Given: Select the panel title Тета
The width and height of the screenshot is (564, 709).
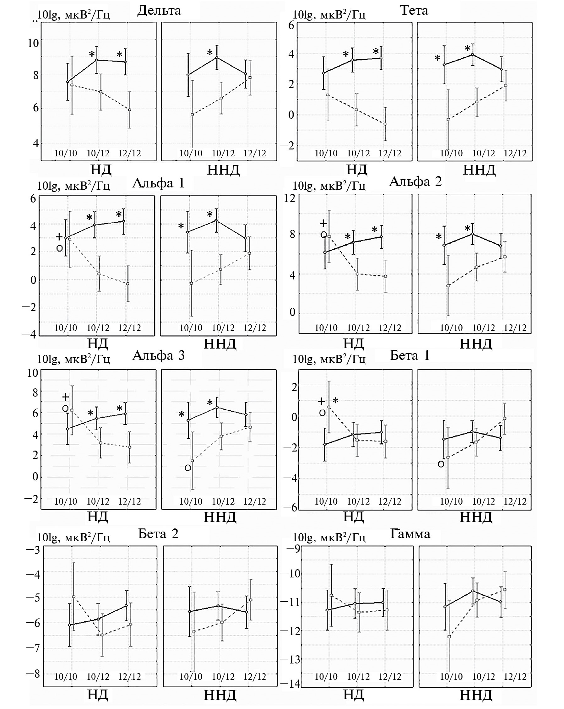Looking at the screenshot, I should pos(414,11).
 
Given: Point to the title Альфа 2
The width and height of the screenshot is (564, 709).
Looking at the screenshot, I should pos(415,181).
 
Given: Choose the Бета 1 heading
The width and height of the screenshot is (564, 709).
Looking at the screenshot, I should pos(410,355).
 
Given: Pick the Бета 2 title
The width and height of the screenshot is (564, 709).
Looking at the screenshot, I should pos(158,533).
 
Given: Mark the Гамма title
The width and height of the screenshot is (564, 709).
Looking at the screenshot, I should pos(410,533).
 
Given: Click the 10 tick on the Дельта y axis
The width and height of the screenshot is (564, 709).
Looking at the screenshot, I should pos(33,43).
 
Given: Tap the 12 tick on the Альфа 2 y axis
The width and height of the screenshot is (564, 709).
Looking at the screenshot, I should pos(290,198).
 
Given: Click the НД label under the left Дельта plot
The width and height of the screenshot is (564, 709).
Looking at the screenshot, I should pos(100,170).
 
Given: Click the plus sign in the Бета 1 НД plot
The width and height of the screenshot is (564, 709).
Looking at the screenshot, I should pos(321,401).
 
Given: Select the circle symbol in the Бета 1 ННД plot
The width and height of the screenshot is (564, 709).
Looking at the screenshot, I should pos(441,464).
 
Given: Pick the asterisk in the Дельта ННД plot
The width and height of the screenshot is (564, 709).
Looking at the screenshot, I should pos(209,53).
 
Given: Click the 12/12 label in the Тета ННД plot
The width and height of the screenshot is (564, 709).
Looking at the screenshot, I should pos(515,153).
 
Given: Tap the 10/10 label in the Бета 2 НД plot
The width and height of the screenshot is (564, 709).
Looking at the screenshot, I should pos(65,676).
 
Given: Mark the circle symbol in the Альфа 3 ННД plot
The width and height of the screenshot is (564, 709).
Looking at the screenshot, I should pos(187,468).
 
